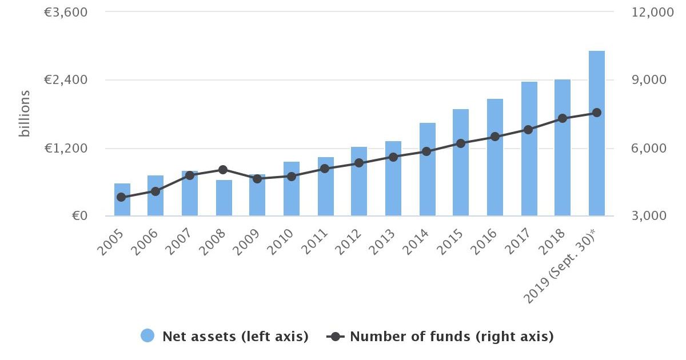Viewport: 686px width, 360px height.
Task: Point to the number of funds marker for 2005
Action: [121, 197]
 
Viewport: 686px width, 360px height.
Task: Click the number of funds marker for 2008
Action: [223, 170]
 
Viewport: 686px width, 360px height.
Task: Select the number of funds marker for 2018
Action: [563, 118]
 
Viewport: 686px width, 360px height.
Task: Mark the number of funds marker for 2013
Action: [393, 157]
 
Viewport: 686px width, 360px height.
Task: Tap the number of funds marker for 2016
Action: [495, 137]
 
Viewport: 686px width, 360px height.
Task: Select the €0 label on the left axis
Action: [79, 216]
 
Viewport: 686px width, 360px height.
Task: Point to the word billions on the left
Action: [25, 114]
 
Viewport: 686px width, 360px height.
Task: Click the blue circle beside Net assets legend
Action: [147, 337]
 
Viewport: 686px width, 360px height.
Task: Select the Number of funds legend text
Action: [452, 337]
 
